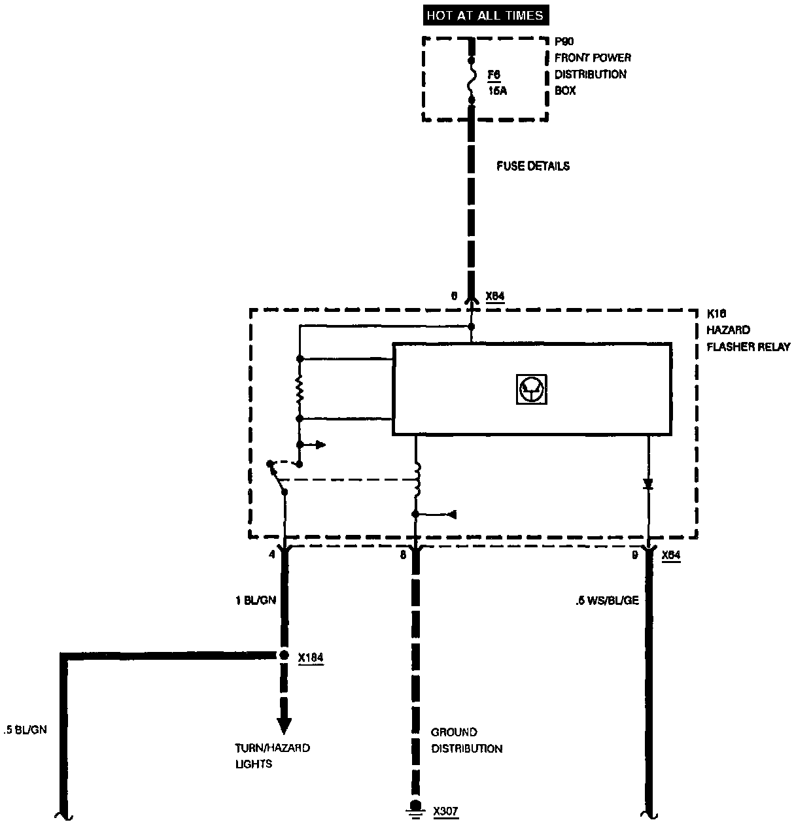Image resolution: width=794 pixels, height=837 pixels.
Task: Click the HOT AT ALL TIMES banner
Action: [484, 15]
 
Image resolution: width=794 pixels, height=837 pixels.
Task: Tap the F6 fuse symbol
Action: [471, 79]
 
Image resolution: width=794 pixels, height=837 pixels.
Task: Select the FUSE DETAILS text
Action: [532, 166]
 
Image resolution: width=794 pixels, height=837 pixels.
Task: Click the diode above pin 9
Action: [648, 485]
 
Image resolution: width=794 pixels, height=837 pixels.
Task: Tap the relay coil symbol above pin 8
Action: [416, 481]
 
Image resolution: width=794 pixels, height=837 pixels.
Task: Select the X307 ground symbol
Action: [414, 808]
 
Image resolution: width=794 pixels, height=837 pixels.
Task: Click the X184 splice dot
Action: [284, 655]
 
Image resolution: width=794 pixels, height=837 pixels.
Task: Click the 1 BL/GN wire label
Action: [256, 600]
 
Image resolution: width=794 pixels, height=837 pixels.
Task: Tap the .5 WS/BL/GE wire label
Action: [606, 600]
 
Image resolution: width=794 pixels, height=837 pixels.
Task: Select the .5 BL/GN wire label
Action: [25, 730]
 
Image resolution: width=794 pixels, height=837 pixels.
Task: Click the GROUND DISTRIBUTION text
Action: [466, 740]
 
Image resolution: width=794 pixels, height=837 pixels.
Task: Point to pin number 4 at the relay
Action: [271, 555]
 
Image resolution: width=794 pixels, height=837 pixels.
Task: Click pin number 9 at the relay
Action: [634, 555]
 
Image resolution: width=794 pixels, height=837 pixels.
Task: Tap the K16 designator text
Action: [717, 313]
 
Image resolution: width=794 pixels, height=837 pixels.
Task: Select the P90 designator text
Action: [564, 41]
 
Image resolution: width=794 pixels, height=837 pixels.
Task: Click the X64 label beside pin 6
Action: [495, 296]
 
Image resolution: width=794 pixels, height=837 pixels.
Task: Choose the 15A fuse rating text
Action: [497, 91]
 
